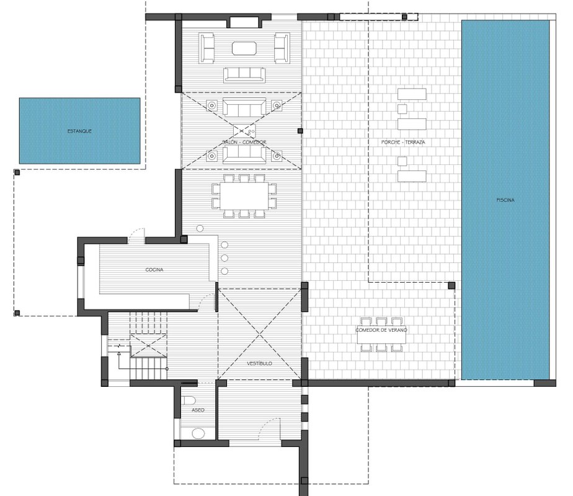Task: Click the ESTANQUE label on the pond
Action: [x=79, y=131]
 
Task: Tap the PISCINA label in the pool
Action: [x=505, y=200]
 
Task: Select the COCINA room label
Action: [x=154, y=270]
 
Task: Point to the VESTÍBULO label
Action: [x=259, y=363]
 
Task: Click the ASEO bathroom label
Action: [x=198, y=410]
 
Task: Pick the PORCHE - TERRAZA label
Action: [x=403, y=142]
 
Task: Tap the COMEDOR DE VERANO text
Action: [x=381, y=330]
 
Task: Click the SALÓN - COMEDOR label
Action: [x=244, y=142]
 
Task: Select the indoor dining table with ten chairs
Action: [x=244, y=196]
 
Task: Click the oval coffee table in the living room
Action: [x=244, y=48]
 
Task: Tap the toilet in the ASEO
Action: [x=189, y=401]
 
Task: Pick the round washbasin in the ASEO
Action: [x=198, y=433]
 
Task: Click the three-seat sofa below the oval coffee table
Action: [x=244, y=75]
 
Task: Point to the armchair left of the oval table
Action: [x=207, y=48]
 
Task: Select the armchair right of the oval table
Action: [x=282, y=48]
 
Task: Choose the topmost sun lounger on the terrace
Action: [x=412, y=94]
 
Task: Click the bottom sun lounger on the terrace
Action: [x=412, y=177]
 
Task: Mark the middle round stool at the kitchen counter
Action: [x=224, y=258]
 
